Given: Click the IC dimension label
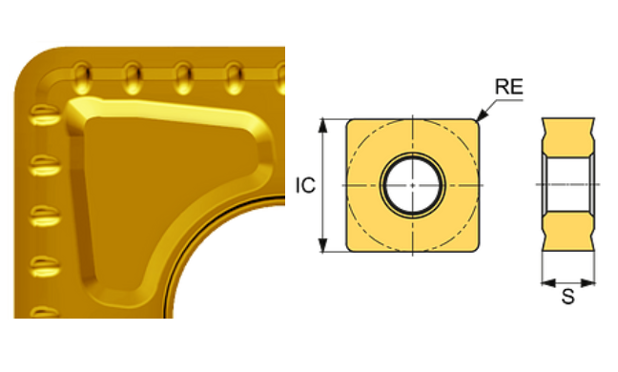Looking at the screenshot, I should click(x=304, y=185).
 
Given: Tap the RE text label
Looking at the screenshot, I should click(x=508, y=88).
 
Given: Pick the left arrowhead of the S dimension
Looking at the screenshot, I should click(x=545, y=281).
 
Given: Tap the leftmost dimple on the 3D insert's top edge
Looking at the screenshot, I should click(x=84, y=72).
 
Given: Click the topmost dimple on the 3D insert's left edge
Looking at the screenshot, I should click(x=42, y=116).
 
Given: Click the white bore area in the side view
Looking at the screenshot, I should click(x=568, y=184).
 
